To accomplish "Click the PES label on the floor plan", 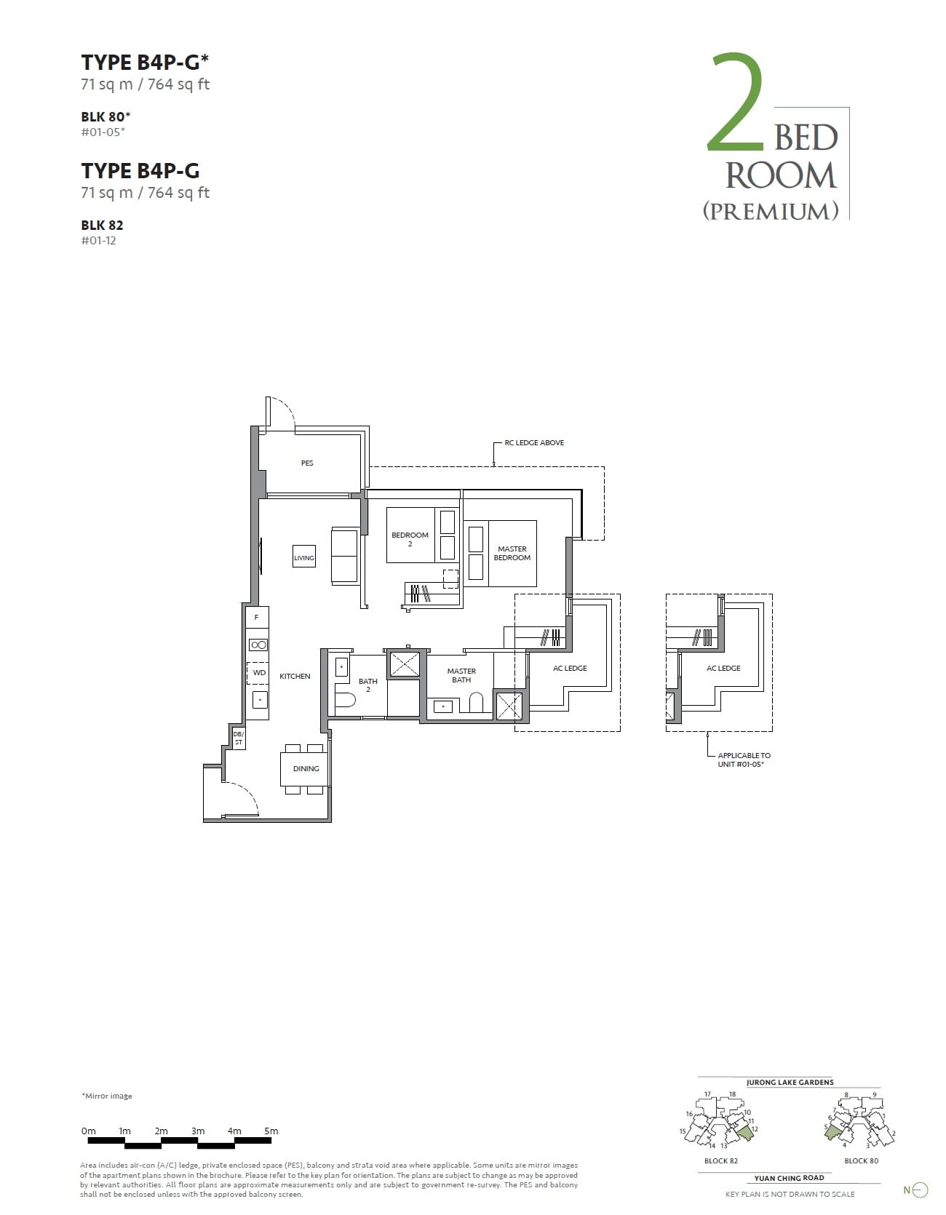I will tap(307, 463).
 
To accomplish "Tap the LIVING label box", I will tap(304, 557).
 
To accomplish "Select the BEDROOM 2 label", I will tap(410, 539).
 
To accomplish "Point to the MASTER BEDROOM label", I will tap(512, 554).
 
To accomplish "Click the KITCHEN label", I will tap(295, 677).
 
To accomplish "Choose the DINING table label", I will tap(306, 768).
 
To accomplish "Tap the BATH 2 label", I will tap(367, 685).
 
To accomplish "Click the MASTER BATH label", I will tap(461, 676).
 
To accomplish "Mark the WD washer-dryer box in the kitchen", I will tap(259, 673).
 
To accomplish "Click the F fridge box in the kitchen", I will tap(257, 617).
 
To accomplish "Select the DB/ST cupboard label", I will tap(238, 738).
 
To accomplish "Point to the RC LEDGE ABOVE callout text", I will tap(534, 442).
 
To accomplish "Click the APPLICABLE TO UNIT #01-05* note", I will tap(744, 760).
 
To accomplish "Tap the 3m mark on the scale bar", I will tap(198, 1131).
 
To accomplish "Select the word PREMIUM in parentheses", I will tap(771, 211).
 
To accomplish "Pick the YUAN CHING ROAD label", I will tap(789, 1177).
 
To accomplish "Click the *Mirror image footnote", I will tap(107, 1096).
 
